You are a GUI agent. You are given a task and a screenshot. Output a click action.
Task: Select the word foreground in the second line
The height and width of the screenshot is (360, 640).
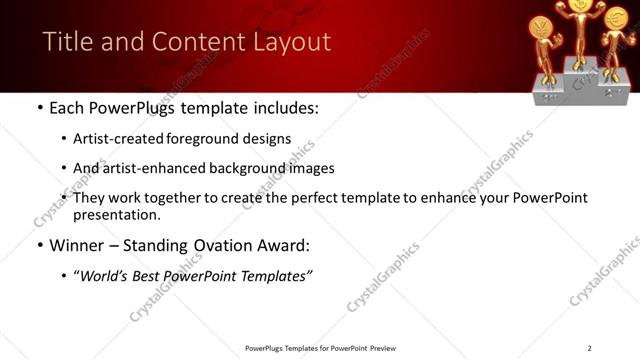[200, 139]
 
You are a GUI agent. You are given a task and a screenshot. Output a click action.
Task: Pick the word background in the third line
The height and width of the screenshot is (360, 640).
[230, 168]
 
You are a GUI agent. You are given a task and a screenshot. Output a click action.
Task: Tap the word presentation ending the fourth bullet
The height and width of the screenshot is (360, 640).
[117, 215]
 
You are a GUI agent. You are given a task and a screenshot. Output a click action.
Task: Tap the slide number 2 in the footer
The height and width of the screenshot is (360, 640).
[589, 348]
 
